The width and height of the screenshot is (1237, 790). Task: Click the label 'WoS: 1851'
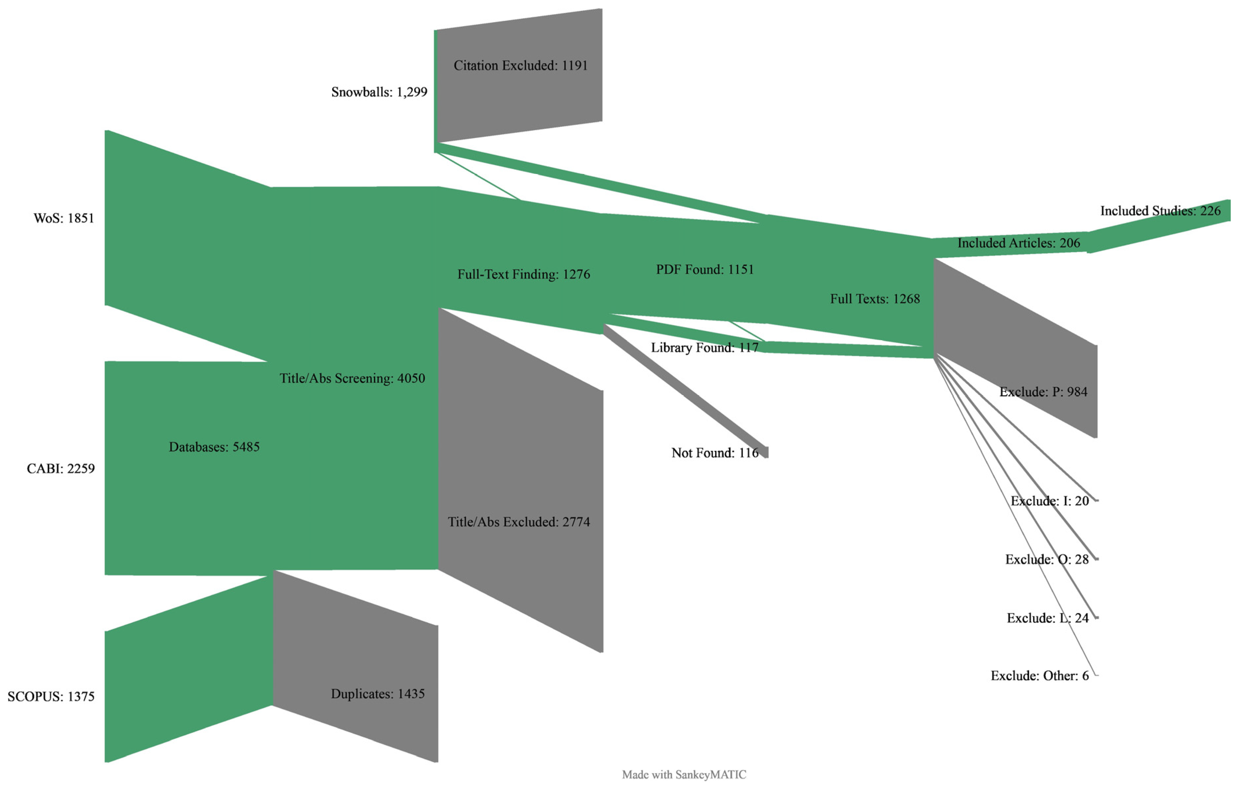pyautogui.click(x=64, y=218)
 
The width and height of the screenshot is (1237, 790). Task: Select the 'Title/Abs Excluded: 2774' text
pyautogui.click(x=519, y=522)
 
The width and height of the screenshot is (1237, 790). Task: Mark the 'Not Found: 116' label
pyautogui.click(x=715, y=453)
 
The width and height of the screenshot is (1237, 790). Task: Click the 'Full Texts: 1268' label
pyautogui.click(x=875, y=299)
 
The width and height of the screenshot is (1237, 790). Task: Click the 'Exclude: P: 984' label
pyautogui.click(x=1043, y=392)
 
